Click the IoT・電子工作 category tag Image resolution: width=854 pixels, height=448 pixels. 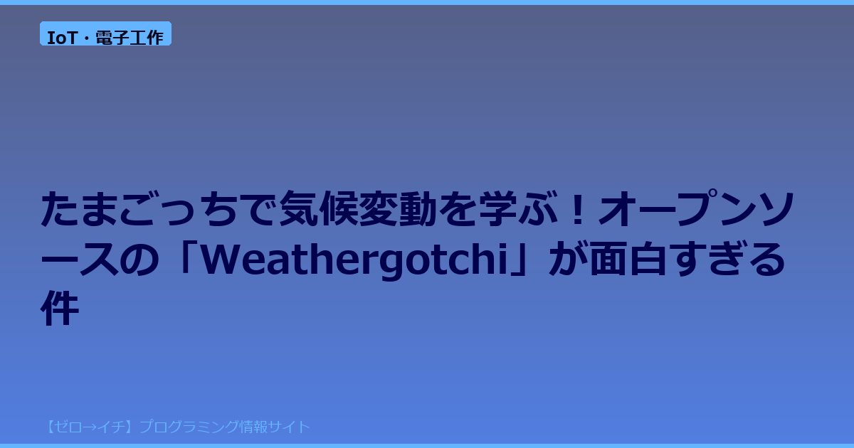point(105,33)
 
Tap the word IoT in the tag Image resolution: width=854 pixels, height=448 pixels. point(62,38)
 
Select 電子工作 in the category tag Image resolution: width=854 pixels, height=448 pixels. point(130,38)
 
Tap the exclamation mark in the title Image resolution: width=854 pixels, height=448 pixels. point(579,209)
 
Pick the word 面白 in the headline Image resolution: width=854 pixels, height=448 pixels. point(628,258)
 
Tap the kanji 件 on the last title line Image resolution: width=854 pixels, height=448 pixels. point(60,308)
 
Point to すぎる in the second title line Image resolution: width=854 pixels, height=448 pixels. point(727,258)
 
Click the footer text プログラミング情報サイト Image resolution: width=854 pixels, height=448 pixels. point(225,427)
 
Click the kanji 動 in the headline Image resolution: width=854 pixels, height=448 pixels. point(418,209)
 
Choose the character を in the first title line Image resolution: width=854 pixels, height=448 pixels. point(458,209)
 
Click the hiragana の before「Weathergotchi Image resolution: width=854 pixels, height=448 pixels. point(139,259)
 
